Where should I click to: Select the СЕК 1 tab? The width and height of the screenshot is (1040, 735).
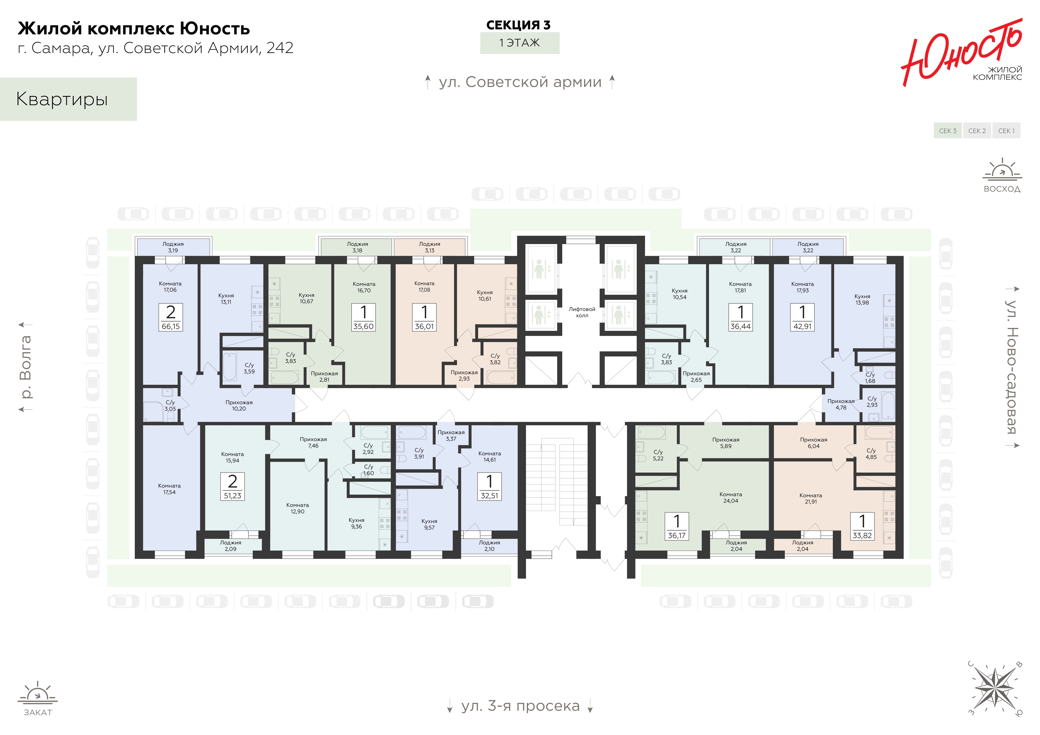[x=1006, y=131]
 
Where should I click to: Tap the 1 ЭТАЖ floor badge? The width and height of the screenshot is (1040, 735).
[x=519, y=43]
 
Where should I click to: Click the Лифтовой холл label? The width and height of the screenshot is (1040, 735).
[x=582, y=312]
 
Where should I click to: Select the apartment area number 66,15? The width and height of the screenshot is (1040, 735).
[x=171, y=326]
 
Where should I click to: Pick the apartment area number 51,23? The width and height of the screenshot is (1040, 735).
[x=232, y=496]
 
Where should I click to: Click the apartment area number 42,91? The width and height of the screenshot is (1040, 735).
[x=803, y=326]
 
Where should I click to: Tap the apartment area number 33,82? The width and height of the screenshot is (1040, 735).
[x=862, y=535]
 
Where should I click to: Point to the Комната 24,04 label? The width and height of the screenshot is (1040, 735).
[x=731, y=497]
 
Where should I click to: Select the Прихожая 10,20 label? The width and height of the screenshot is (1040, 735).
[x=239, y=405]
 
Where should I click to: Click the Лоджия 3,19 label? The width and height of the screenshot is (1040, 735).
[x=173, y=247]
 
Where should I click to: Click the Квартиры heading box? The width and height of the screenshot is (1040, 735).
[x=68, y=99]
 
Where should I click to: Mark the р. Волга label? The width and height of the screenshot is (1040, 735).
[x=26, y=367]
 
